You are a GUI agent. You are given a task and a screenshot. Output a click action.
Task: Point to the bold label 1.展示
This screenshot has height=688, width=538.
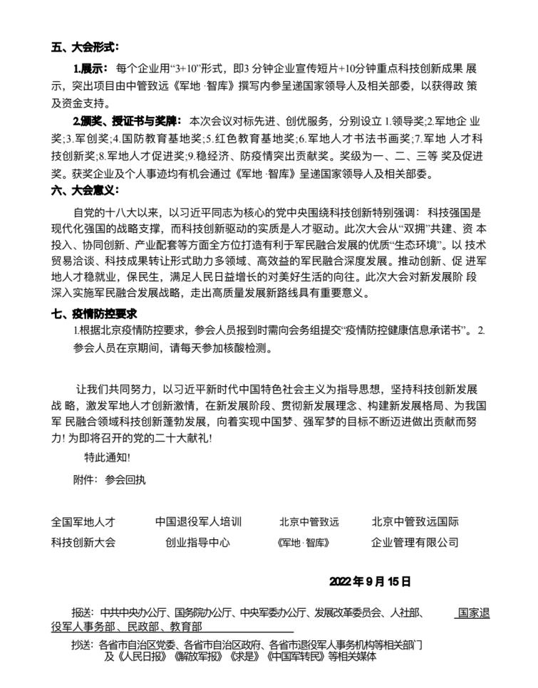pos(90,68)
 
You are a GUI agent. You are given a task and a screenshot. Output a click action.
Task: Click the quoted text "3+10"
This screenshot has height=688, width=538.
pos(186,68)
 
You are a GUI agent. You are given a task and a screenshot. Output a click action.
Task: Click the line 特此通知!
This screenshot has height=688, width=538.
pos(107,457)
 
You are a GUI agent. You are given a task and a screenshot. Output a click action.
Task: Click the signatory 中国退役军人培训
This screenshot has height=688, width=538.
pos(199,522)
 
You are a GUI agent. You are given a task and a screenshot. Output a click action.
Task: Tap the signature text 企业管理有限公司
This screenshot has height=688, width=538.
pos(415,543)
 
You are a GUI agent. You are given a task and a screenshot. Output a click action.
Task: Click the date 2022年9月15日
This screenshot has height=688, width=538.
pos(370,581)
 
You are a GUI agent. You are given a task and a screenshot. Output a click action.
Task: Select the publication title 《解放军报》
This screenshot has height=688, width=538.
pos(190,657)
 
